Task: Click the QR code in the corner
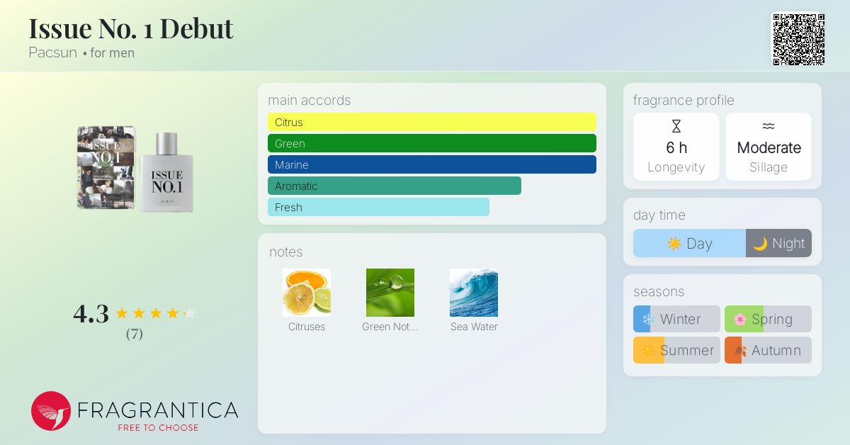point(799,40)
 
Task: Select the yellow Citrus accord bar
point(432,122)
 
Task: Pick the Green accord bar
point(432,143)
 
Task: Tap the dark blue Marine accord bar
point(432,164)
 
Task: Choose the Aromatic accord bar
point(395,186)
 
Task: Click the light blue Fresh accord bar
point(378,207)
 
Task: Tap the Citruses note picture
point(307,293)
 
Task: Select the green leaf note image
point(390,293)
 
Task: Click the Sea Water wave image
point(474,293)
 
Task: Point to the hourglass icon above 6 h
point(676,126)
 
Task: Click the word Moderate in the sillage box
point(769,147)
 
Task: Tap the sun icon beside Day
point(674,243)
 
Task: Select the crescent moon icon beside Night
point(760,244)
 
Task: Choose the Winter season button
point(676,319)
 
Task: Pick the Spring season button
point(768,319)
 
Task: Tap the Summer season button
point(676,350)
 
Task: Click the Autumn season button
point(768,350)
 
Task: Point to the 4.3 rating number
point(91,314)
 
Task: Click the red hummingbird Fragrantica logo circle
point(51,411)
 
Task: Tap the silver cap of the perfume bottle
point(167,144)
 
